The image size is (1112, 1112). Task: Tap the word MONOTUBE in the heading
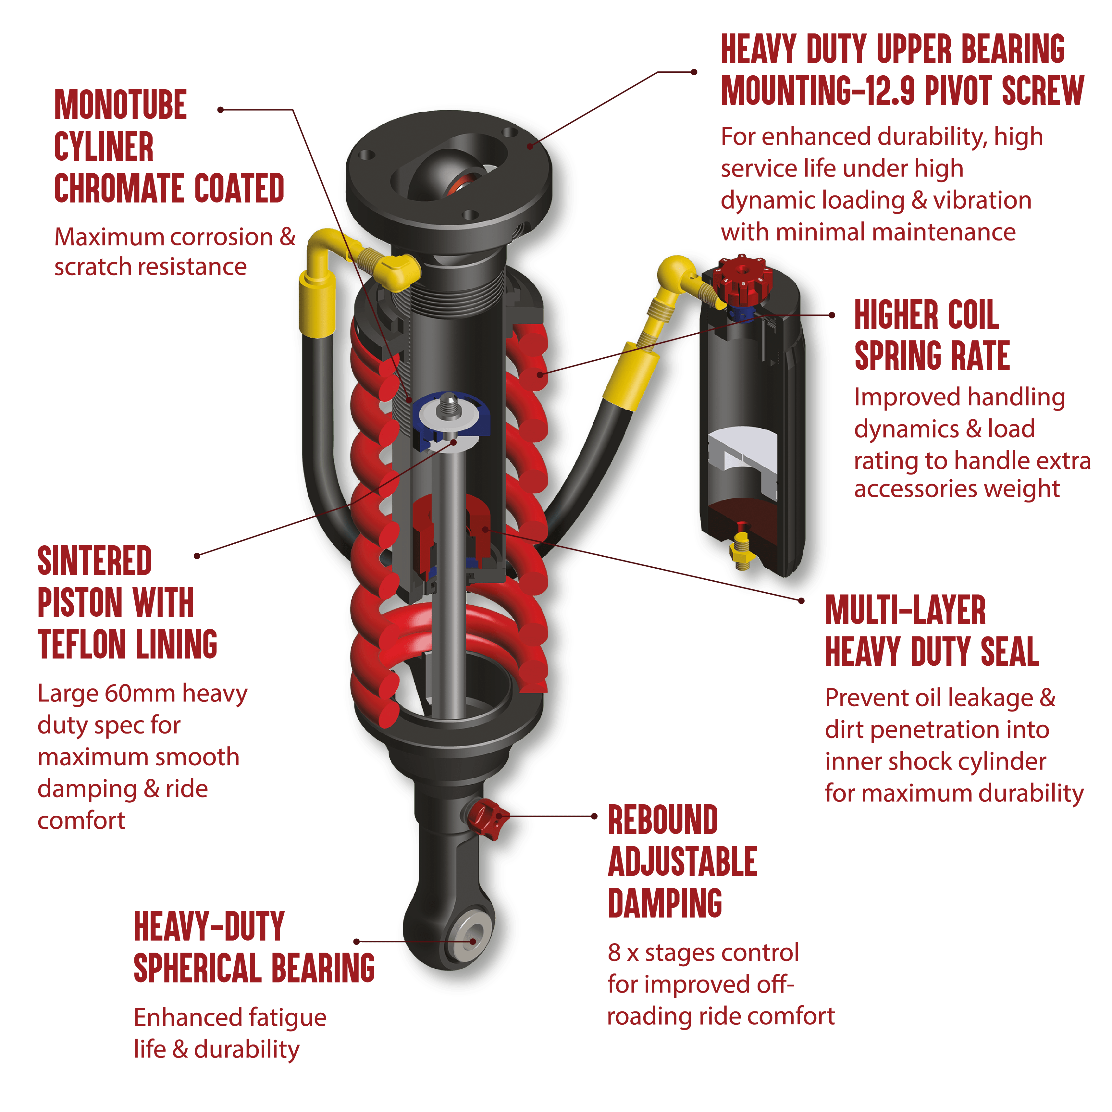[121, 105]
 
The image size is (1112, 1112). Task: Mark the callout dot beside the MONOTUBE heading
[220, 109]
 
